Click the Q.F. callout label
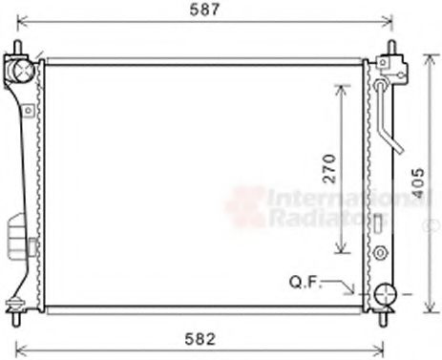tap(305, 282)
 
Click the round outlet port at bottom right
tap(385, 295)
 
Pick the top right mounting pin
tap(389, 50)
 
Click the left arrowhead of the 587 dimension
tap(23, 20)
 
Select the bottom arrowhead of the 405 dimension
tap(426, 311)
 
